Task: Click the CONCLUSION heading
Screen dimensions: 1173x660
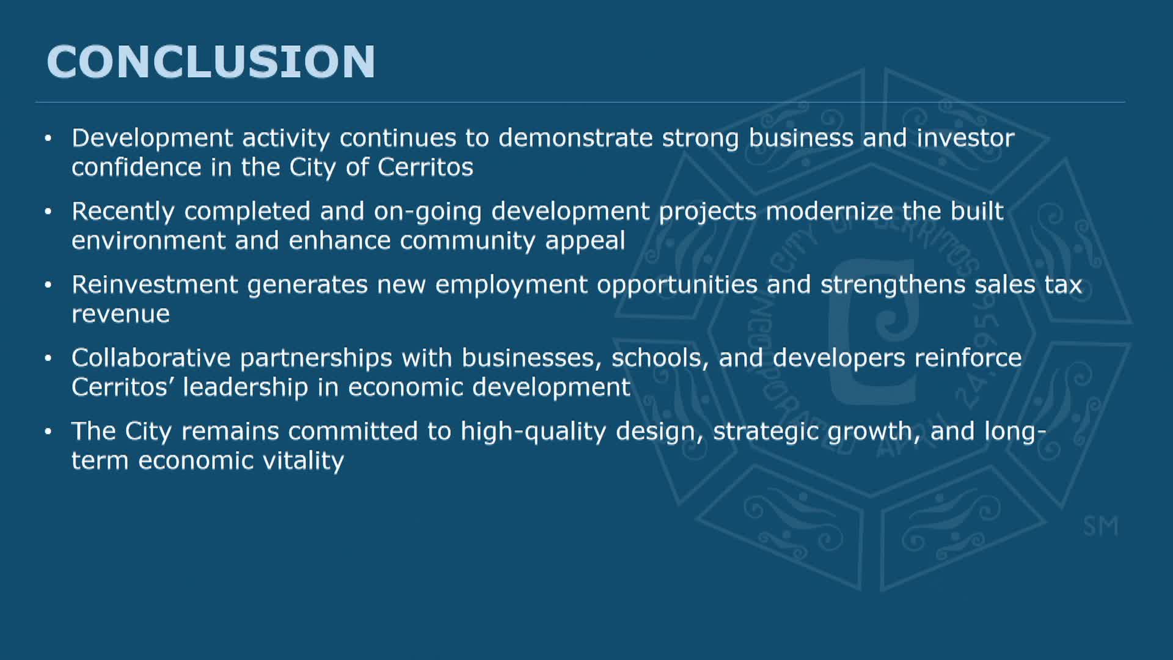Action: coord(211,62)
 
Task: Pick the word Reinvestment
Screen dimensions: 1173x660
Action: coord(155,285)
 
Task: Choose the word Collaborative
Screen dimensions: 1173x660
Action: coord(151,358)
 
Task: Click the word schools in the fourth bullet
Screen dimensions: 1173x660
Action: coord(660,359)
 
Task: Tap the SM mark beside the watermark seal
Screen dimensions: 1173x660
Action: coord(1100,526)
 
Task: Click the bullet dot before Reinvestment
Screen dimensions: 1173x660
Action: coord(48,285)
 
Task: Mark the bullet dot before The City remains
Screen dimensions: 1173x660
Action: coord(48,431)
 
